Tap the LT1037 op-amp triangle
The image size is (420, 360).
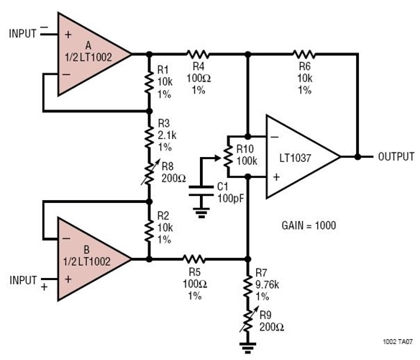coord(298,156)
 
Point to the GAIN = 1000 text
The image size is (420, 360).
coord(309,224)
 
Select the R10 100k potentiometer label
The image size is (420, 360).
coord(249,156)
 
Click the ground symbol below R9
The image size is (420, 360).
coord(248,346)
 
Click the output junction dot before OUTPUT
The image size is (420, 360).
coord(357,156)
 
